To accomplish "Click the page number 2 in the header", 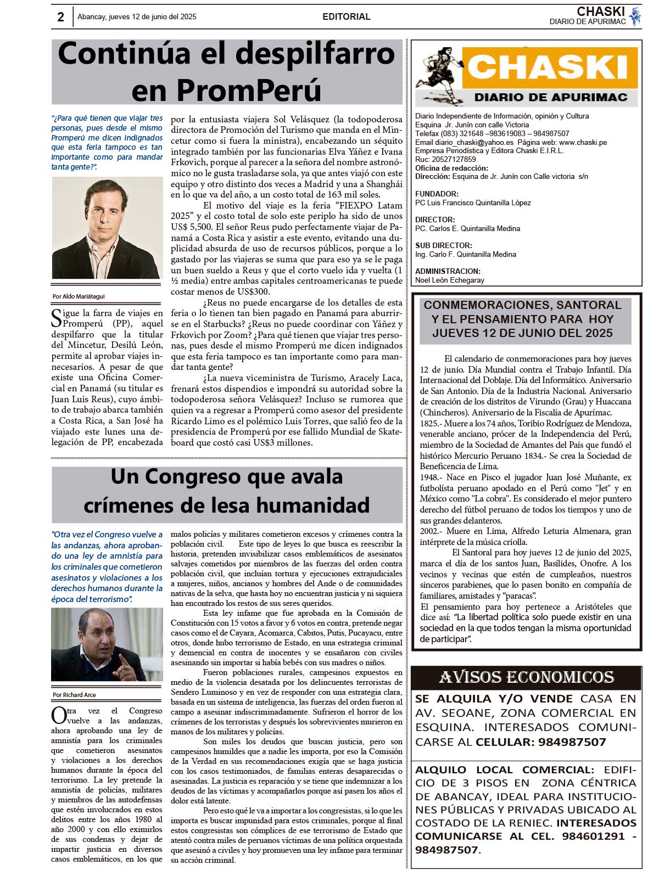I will tap(60, 17).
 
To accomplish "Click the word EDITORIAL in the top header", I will tap(346, 17).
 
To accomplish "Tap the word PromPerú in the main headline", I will tap(226, 89).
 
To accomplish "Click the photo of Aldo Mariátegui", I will tap(107, 228).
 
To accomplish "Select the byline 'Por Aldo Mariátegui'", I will tap(78, 296).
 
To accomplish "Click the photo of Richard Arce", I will tap(107, 644).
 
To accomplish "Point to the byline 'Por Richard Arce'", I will tap(74, 695).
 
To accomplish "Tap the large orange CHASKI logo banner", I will tap(549, 68).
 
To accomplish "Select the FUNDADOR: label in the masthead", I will tap(437, 194).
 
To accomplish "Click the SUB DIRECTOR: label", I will tap(443, 245).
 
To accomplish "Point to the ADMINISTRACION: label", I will tap(448, 271).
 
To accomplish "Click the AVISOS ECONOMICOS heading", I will tap(526, 678).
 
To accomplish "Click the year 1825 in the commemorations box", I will tap(428, 424).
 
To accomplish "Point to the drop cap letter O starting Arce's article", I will tap(58, 716).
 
